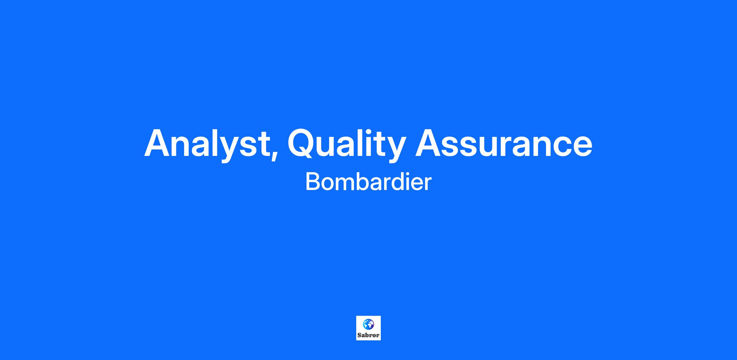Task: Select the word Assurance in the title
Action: point(504,143)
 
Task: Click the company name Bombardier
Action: point(368,182)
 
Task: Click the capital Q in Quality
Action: point(304,143)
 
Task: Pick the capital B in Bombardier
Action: point(312,182)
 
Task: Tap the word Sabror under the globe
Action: point(368,335)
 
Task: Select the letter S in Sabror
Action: point(359,335)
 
